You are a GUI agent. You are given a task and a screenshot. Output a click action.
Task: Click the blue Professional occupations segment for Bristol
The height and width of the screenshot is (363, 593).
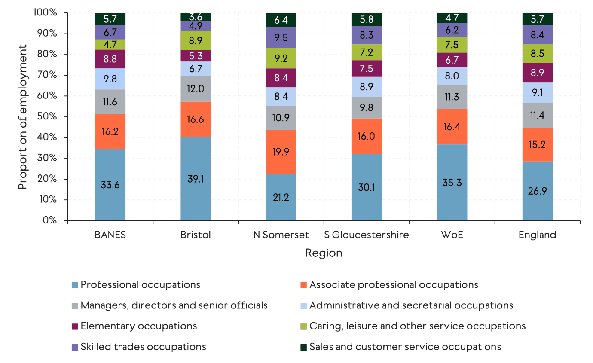click(x=196, y=179)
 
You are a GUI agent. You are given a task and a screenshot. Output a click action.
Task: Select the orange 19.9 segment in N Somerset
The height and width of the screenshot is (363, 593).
click(x=281, y=152)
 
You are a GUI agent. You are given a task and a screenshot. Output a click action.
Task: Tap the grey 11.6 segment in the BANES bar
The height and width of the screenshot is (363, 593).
click(x=110, y=102)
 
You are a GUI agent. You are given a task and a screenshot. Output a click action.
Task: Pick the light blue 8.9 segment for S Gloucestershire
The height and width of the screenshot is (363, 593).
click(x=366, y=87)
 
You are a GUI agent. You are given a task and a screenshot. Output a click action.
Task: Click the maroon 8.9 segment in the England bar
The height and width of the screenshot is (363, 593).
click(x=537, y=73)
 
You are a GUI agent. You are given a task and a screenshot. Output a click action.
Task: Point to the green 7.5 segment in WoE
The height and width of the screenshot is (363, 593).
click(x=452, y=45)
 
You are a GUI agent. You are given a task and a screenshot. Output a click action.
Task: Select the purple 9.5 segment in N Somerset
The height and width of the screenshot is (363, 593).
click(x=281, y=37)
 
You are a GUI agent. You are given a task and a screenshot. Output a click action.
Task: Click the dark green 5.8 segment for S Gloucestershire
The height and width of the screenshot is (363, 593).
click(x=366, y=19)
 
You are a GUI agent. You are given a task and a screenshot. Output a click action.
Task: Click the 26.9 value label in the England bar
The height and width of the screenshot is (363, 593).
click(x=537, y=190)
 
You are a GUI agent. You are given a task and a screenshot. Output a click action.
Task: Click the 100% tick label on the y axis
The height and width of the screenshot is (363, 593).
click(x=45, y=13)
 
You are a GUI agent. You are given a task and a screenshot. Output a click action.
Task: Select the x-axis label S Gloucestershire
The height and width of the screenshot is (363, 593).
click(x=366, y=235)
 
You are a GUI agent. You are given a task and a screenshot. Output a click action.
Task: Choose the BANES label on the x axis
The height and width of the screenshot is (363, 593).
click(x=110, y=235)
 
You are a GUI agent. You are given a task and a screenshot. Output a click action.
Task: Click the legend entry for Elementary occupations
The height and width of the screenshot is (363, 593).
click(x=138, y=326)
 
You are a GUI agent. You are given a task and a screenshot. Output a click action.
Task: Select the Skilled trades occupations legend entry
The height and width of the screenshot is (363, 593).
click(x=143, y=347)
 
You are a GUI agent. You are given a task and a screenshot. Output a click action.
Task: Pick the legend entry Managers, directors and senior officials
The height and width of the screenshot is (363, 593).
click(x=174, y=305)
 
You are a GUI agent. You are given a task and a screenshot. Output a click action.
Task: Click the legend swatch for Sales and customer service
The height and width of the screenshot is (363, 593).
click(x=303, y=347)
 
